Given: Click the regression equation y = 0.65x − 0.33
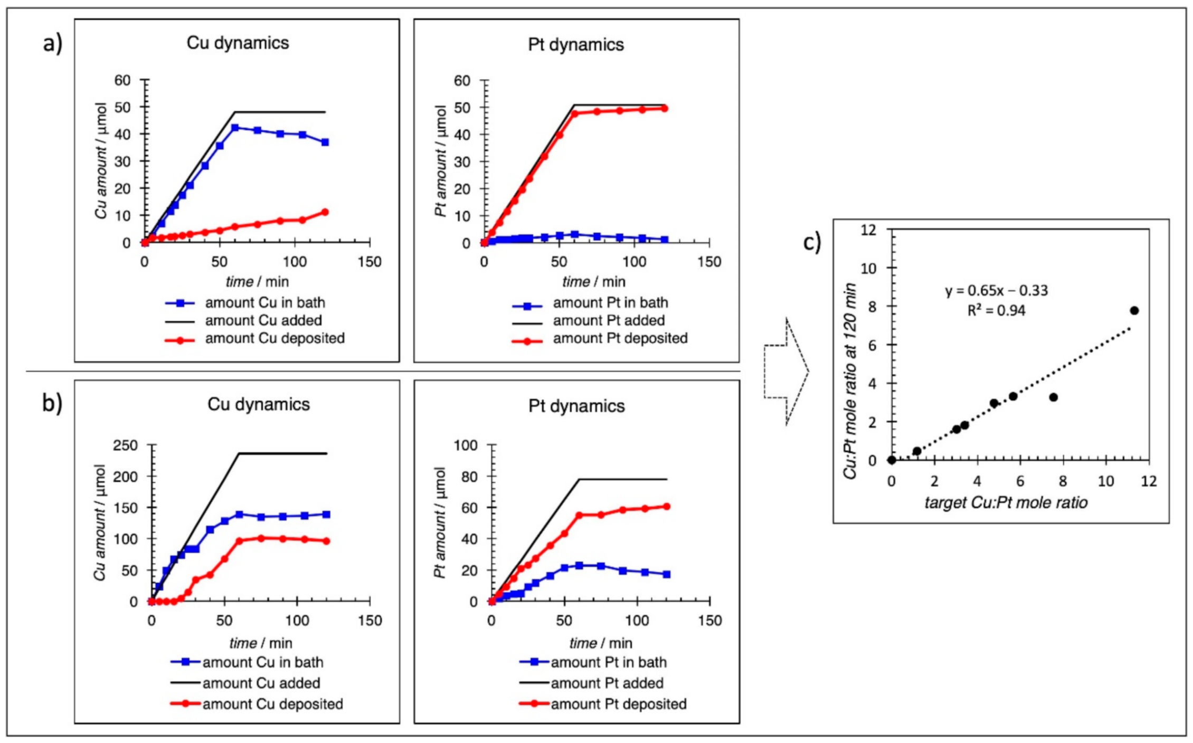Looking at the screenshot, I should click(996, 290).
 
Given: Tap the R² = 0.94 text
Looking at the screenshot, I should click(996, 311).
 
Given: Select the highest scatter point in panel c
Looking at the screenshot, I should click(1134, 310).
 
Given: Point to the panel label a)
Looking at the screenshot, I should click(52, 43).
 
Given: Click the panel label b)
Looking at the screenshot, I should click(52, 403).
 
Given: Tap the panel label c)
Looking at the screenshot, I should click(812, 242).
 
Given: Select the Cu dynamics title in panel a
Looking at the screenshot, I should click(238, 43).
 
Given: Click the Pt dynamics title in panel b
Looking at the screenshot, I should click(576, 406).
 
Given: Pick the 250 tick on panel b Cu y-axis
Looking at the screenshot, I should click(125, 445).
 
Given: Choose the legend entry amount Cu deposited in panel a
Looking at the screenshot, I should click(274, 338).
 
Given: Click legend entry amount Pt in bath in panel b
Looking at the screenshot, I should click(609, 662).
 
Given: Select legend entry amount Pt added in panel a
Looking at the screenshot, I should click(609, 320).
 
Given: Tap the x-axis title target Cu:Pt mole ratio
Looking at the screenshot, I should click(1006, 502).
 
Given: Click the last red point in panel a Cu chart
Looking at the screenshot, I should click(325, 212).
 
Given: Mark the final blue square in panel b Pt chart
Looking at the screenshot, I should click(666, 574).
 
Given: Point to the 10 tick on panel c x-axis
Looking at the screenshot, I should click(1105, 481).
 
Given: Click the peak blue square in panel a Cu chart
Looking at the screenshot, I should click(235, 128).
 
